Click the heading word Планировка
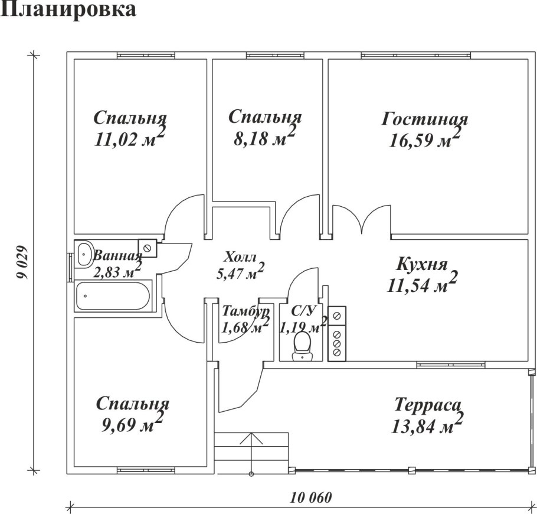70,10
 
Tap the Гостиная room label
424,119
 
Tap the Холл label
240,258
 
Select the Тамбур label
245,311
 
